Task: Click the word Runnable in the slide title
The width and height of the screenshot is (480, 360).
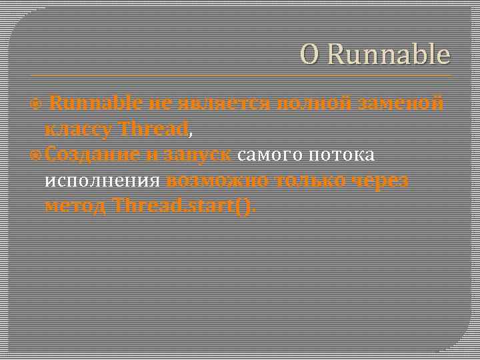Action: point(389,55)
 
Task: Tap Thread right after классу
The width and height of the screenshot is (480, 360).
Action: point(153,129)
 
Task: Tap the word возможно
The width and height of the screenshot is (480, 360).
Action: point(217,180)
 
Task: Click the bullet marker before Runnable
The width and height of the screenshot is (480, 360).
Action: point(37,104)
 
